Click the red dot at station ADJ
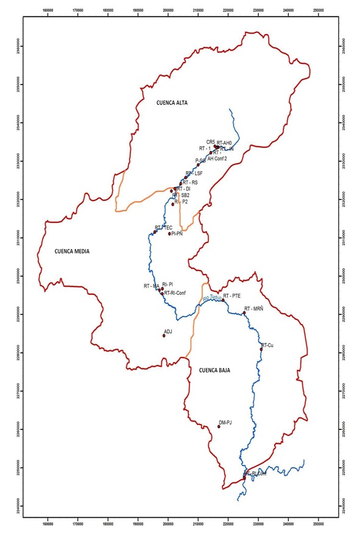[164, 336]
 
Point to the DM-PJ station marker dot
[219, 426]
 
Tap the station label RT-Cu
[267, 345]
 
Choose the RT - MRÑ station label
[253, 309]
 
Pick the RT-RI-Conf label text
[174, 293]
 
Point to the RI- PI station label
[168, 284]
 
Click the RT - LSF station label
[194, 174]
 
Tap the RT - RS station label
[190, 182]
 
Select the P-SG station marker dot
[198, 164]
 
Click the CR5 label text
[211, 141]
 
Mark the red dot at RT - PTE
[224, 300]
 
